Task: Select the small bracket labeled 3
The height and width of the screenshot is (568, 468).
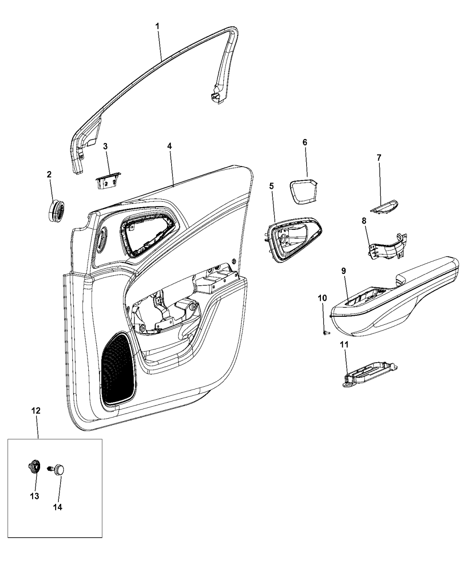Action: (x=108, y=181)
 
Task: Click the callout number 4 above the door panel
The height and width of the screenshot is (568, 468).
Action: (x=169, y=146)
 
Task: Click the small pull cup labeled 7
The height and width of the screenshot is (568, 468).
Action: (x=384, y=207)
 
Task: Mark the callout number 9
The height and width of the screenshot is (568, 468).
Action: (x=344, y=270)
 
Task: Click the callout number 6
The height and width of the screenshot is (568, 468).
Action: (x=305, y=142)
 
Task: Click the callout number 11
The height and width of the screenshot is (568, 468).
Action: (x=344, y=345)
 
